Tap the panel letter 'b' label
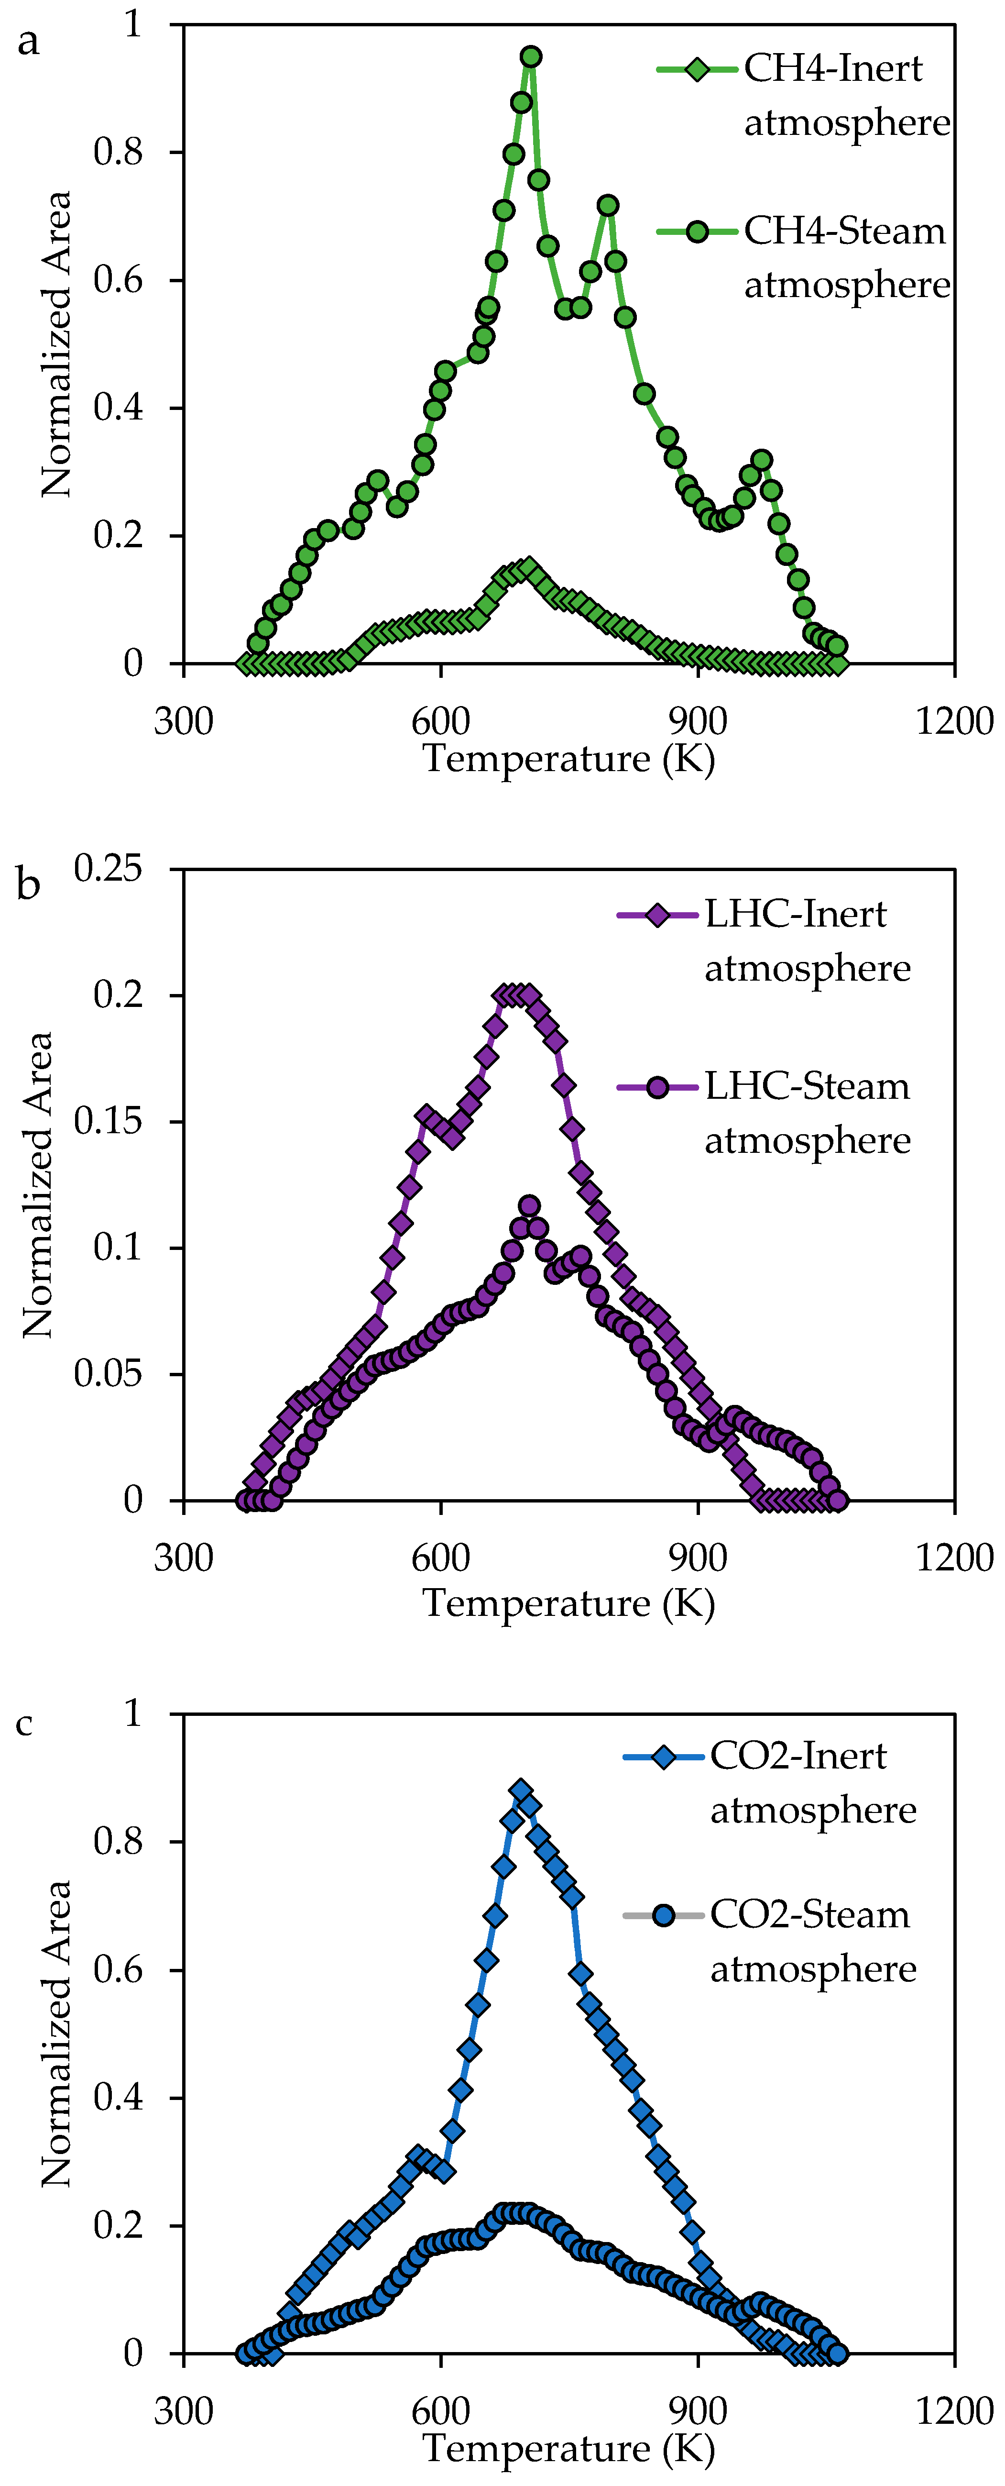29,885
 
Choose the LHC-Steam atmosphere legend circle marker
657,1088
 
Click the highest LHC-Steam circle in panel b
529,1206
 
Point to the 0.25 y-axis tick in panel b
108,869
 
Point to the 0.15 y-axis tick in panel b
108,1121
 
